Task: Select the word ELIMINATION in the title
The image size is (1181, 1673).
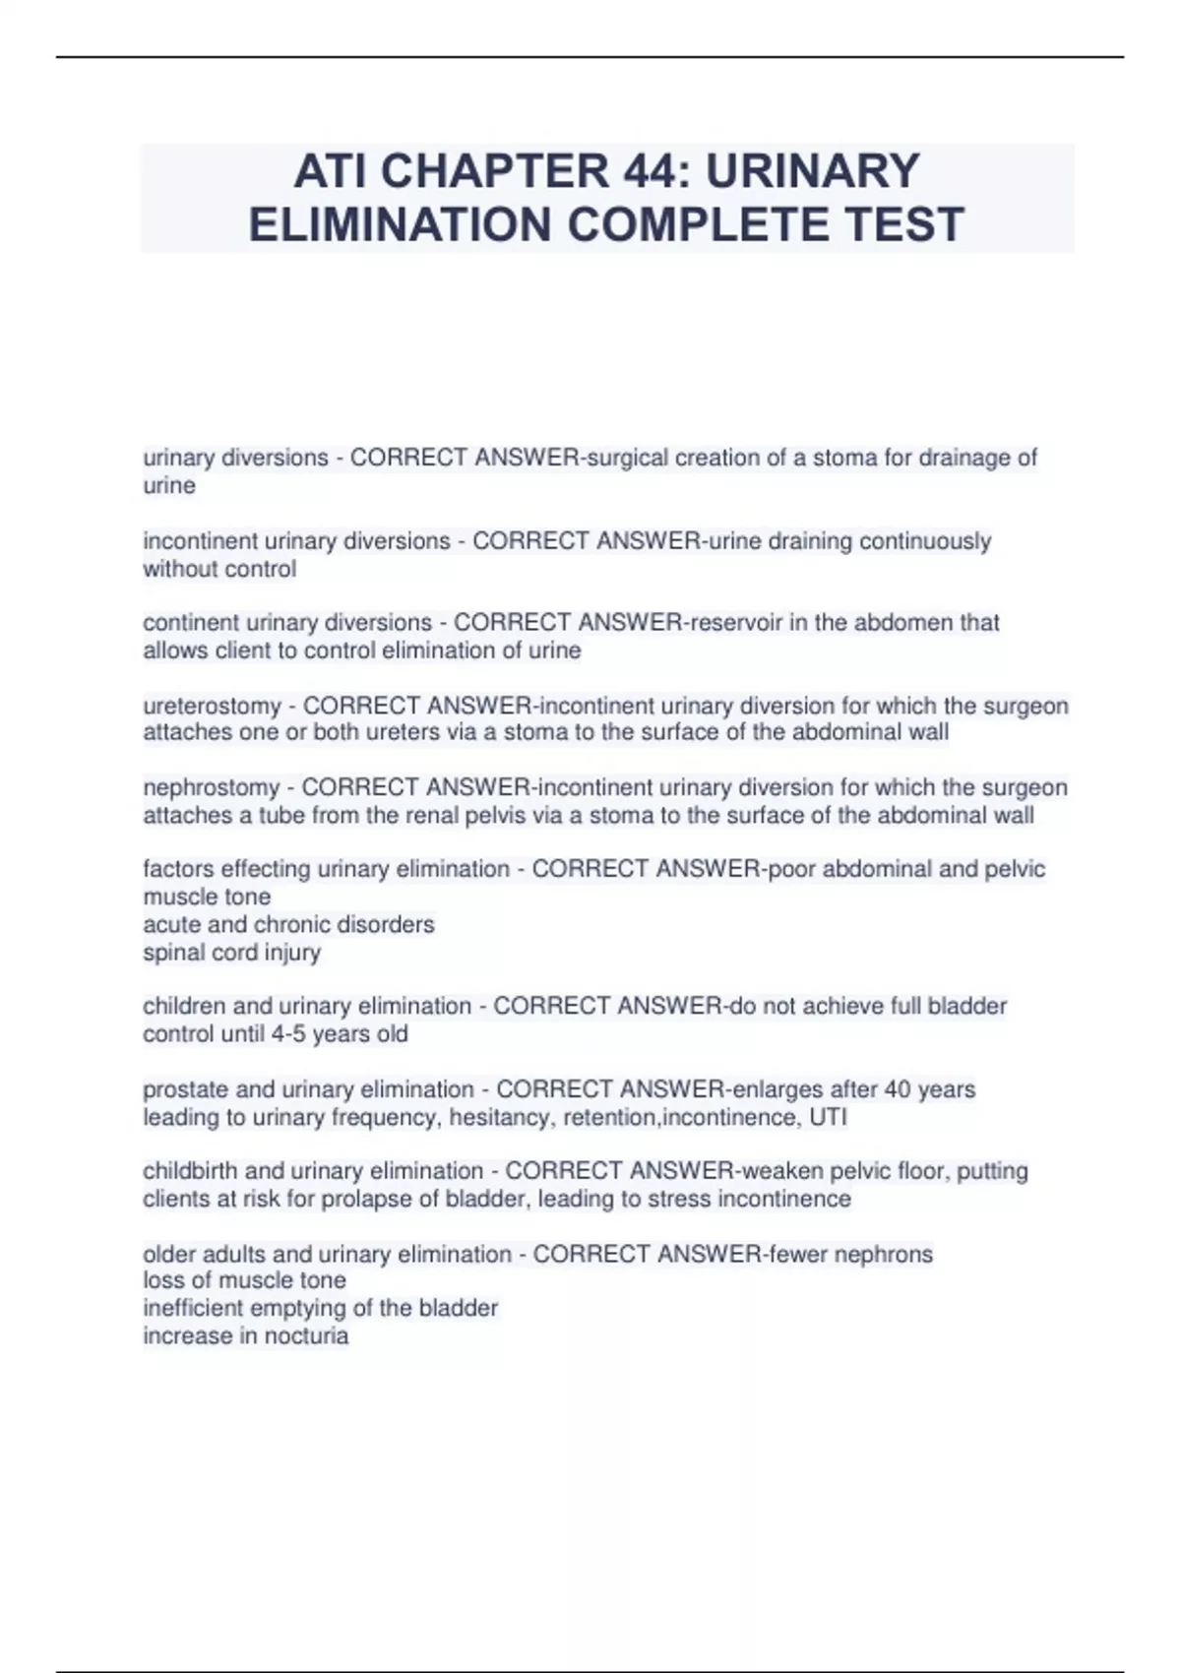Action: coord(400,224)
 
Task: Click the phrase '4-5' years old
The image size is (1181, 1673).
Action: coord(289,1033)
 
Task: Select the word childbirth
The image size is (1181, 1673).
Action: coord(190,1171)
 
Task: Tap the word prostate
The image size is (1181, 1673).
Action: coord(185,1089)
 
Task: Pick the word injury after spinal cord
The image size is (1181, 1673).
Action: coord(292,952)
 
